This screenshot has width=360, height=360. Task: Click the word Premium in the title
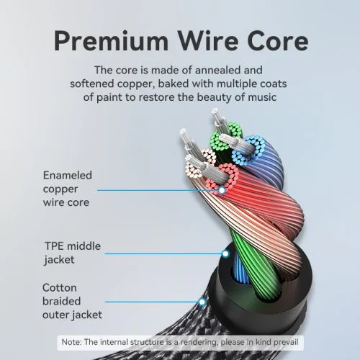(x=111, y=42)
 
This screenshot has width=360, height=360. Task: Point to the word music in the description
(x=262, y=97)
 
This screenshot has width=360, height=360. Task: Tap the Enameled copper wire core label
(x=68, y=189)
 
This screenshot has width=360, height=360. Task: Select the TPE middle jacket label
(x=73, y=253)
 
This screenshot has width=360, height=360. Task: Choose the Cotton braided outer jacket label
(x=72, y=301)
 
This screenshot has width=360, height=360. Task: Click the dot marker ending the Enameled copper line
(x=222, y=190)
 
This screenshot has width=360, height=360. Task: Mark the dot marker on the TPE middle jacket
(x=225, y=253)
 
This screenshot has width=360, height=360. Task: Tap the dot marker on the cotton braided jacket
(x=202, y=302)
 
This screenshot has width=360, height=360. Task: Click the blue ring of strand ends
(x=248, y=150)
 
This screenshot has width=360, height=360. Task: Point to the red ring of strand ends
(x=222, y=177)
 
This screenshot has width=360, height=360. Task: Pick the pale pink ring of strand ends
(x=201, y=163)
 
